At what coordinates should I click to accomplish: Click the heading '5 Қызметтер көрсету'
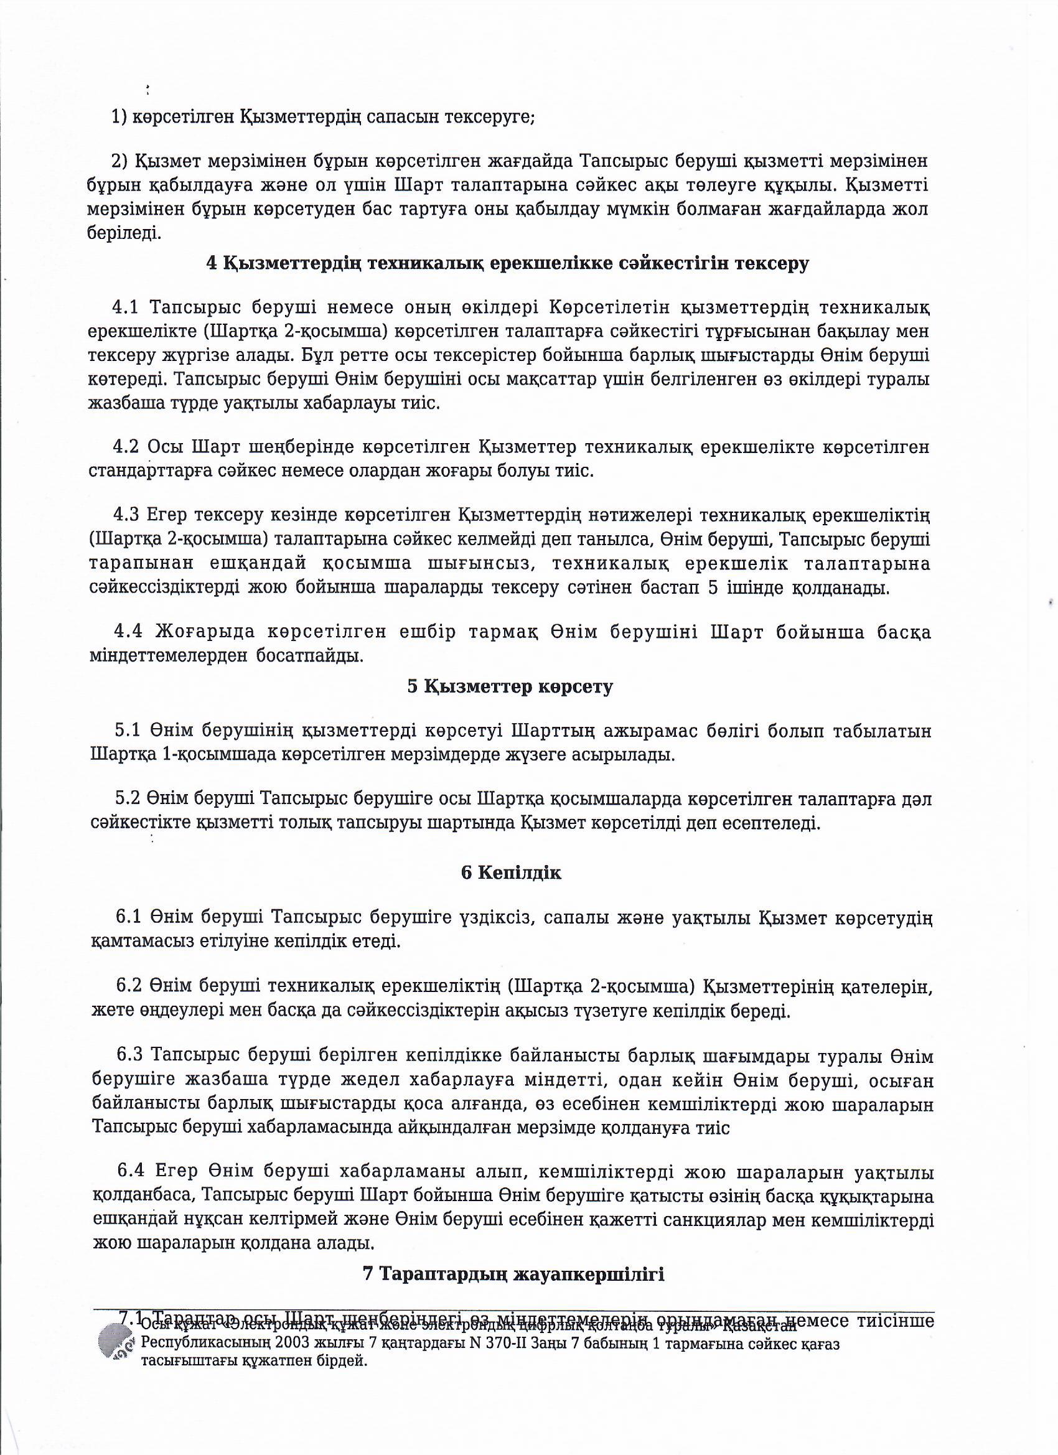(510, 686)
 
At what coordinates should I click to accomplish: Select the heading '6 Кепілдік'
(512, 873)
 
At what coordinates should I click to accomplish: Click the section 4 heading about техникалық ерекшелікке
(507, 264)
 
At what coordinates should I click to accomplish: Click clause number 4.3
(126, 515)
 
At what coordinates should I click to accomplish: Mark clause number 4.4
(128, 632)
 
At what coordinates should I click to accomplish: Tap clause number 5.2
(128, 798)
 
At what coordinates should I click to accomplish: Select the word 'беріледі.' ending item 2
(124, 233)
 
